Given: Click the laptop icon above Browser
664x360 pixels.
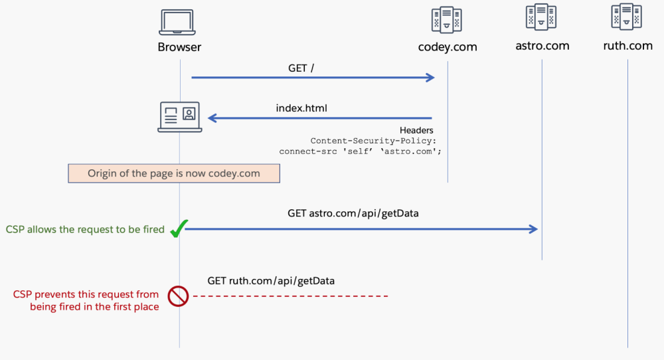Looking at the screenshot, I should (177, 23).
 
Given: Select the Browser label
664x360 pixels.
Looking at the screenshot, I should (179, 47).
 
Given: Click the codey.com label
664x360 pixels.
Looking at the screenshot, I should (447, 47).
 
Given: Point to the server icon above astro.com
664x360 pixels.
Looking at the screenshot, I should (541, 18).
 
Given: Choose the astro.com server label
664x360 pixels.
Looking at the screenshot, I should (542, 46).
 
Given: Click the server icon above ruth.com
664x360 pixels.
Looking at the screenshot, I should (627, 17).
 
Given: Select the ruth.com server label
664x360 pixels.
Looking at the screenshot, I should (627, 46).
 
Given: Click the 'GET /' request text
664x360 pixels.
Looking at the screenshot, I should (301, 68).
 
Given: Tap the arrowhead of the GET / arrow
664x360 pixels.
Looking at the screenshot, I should (430, 78).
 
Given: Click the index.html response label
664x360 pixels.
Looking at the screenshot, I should (301, 108).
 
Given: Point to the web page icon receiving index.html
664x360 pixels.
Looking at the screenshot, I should (179, 117).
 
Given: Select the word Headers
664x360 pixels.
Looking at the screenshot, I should (416, 130).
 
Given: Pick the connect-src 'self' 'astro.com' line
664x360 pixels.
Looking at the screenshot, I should (360, 151).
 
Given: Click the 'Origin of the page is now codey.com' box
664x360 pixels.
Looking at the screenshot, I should (174, 173).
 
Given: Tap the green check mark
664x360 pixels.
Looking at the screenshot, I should (177, 229).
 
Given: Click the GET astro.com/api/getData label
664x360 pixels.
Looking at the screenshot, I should (353, 213).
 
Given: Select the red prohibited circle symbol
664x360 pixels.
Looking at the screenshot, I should (178, 296).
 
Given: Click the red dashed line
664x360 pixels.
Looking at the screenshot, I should (290, 296).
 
